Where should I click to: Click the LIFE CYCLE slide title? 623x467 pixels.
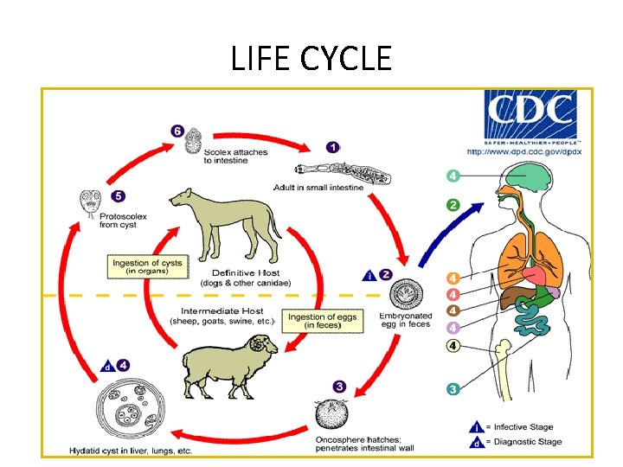(311, 59)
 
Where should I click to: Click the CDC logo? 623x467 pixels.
(531, 118)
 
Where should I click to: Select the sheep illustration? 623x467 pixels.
(227, 363)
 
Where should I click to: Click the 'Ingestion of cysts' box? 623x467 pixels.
(148, 266)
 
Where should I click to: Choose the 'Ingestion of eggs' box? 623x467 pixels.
(321, 321)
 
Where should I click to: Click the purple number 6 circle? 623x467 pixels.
(177, 131)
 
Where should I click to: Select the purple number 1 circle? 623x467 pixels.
(332, 147)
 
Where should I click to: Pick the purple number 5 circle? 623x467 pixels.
(118, 196)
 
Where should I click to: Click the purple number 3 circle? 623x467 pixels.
(339, 387)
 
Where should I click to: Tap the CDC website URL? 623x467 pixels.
(524, 151)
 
